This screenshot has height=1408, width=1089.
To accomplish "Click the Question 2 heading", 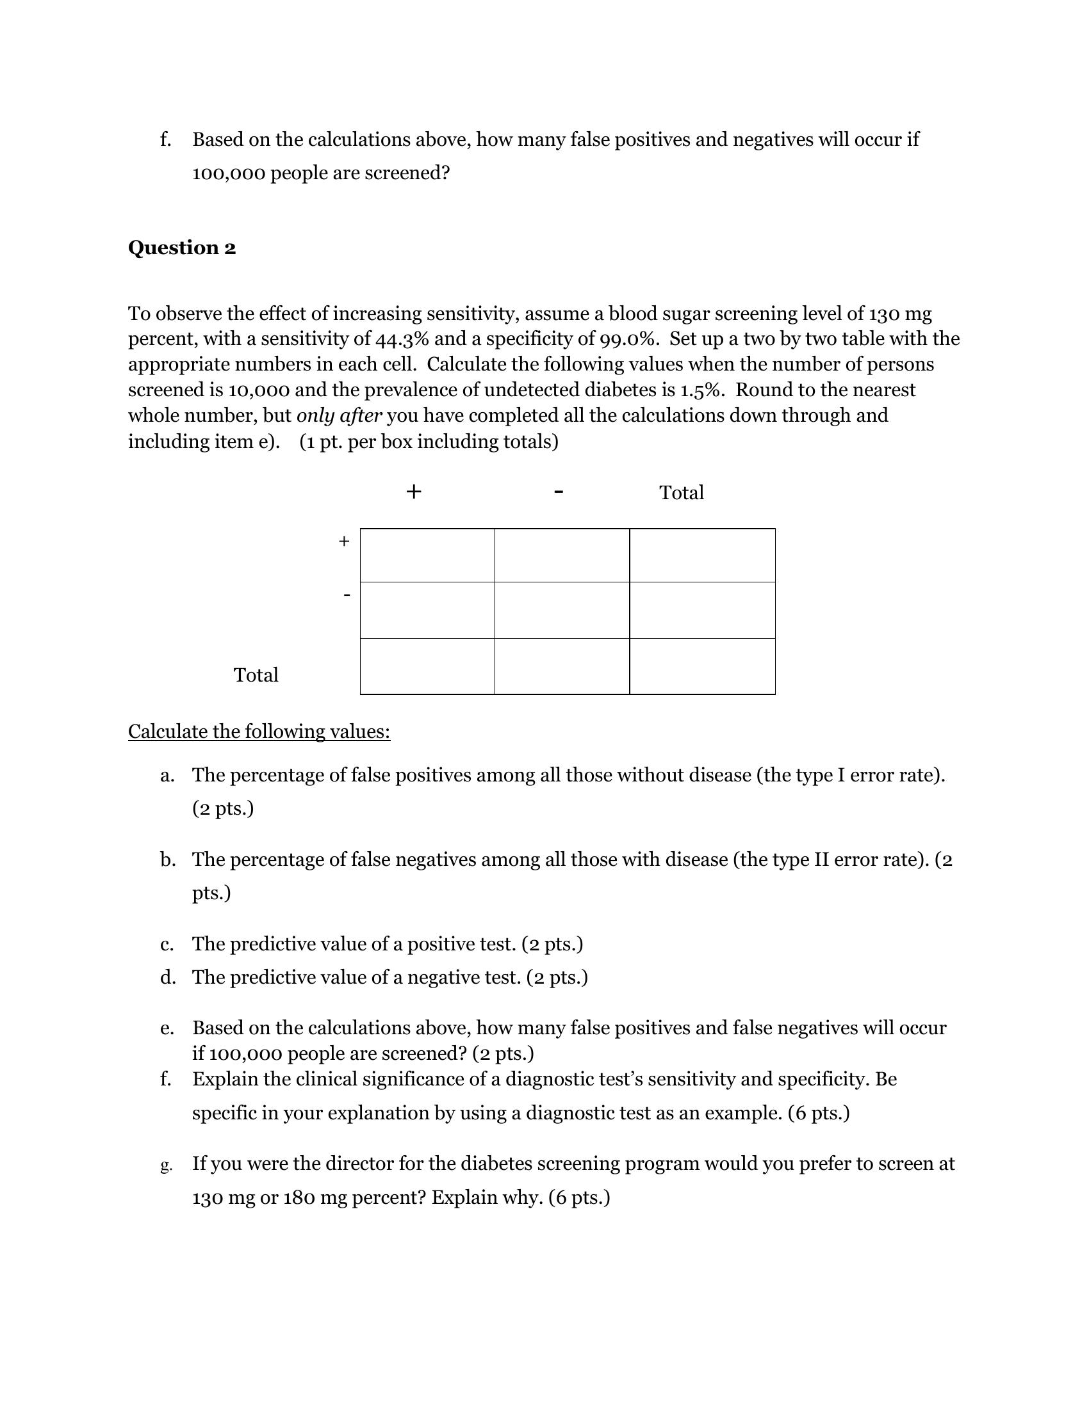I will tap(182, 248).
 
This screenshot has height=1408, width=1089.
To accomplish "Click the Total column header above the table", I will tap(682, 493).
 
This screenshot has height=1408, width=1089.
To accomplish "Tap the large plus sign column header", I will tap(414, 492).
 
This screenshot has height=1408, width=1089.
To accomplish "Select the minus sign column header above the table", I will tap(559, 492).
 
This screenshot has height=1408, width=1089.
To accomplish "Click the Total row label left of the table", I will tap(256, 675).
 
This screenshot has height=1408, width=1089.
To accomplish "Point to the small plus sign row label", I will tap(344, 541).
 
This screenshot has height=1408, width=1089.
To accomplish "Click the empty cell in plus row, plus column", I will tap(427, 555).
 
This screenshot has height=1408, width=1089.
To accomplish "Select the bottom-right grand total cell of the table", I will tap(702, 666).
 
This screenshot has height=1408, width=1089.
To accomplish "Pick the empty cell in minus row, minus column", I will tap(561, 610).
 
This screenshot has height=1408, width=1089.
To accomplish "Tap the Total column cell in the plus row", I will tap(702, 555).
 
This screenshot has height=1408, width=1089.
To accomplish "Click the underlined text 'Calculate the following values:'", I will tap(259, 732).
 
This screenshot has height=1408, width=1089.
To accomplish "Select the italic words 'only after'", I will tap(339, 416).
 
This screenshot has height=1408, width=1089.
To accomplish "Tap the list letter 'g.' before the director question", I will tap(166, 1165).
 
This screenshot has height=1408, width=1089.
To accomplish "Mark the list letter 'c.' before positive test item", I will tap(167, 945).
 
